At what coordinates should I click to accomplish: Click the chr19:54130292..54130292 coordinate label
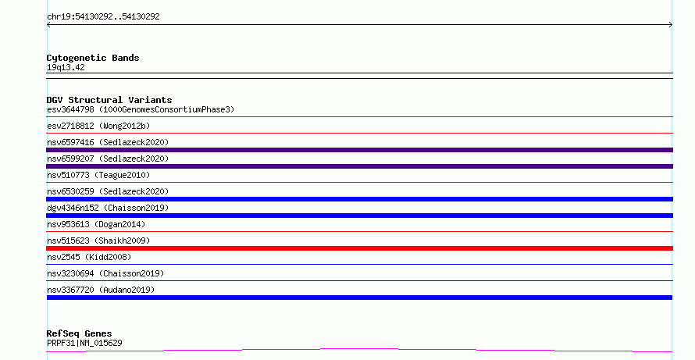coord(103,17)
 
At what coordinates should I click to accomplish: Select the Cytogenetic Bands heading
coord(93,58)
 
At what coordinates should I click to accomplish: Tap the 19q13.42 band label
coord(66,67)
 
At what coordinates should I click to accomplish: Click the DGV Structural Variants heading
coord(109,100)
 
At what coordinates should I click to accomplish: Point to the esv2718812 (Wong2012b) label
coord(98,126)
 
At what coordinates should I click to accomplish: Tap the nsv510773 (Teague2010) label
coord(98,175)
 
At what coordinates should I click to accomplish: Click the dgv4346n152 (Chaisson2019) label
coord(108,208)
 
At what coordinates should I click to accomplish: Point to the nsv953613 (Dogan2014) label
coord(96,224)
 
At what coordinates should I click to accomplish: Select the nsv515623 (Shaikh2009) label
coord(98,241)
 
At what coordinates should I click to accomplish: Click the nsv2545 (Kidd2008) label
coord(89,257)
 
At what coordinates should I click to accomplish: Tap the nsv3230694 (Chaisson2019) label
coord(105,273)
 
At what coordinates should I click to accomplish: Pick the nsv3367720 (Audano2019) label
coord(101,290)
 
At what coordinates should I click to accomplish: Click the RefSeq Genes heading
coord(79,333)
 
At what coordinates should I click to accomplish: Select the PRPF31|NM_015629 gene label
coord(84,343)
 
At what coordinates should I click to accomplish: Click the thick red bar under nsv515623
coord(359,248)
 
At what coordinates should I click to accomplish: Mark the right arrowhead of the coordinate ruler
coord(672,25)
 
